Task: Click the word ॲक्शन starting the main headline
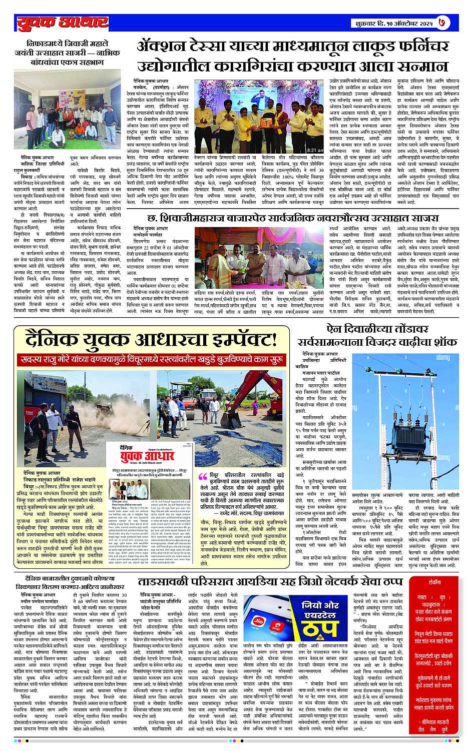click(x=162, y=48)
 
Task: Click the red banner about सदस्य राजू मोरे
click(x=152, y=360)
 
